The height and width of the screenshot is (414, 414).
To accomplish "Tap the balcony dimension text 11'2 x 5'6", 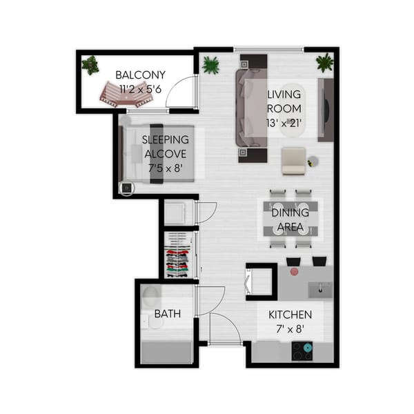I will (140, 88).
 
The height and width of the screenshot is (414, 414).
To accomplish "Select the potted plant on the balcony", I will (90, 65).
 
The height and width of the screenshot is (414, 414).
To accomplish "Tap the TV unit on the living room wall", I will (325, 110).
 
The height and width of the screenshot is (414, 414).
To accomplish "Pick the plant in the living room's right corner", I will (324, 63).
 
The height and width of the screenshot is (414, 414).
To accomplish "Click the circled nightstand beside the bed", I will (126, 188).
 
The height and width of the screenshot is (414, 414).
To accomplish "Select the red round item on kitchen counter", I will (295, 272).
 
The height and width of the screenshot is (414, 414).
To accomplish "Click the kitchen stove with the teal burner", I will (302, 351).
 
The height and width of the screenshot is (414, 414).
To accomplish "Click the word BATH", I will (167, 313).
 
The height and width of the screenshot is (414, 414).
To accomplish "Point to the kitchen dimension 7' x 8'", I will (290, 328).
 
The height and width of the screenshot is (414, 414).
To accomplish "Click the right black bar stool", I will (319, 261).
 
